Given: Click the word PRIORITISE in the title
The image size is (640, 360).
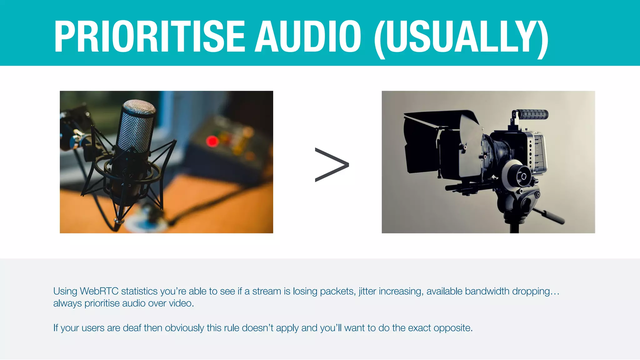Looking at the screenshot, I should tap(149, 36).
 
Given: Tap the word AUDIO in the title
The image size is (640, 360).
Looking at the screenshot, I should tap(308, 36).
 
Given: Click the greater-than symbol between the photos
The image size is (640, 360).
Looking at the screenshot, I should tap(332, 165).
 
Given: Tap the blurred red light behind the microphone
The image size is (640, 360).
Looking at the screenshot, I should tap(212, 141).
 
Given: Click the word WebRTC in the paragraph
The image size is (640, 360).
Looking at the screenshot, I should tap(99, 291).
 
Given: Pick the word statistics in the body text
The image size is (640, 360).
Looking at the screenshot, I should tap(139, 291).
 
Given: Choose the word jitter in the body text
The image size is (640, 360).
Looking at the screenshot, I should tap(367, 291).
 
